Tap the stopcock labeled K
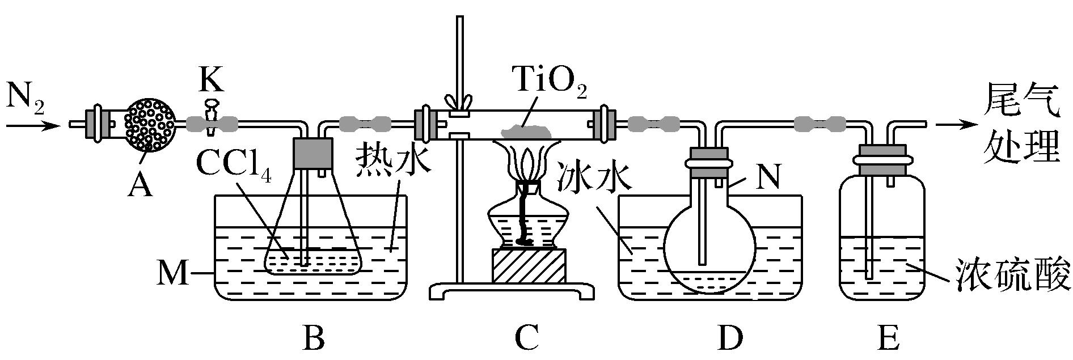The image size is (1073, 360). point(211,118)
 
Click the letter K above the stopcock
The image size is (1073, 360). point(211,81)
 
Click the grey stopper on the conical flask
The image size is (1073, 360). point(312,153)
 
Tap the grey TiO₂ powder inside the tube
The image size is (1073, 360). point(527,132)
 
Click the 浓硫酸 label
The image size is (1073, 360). point(1013,274)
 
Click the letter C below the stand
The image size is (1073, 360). point(526,338)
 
